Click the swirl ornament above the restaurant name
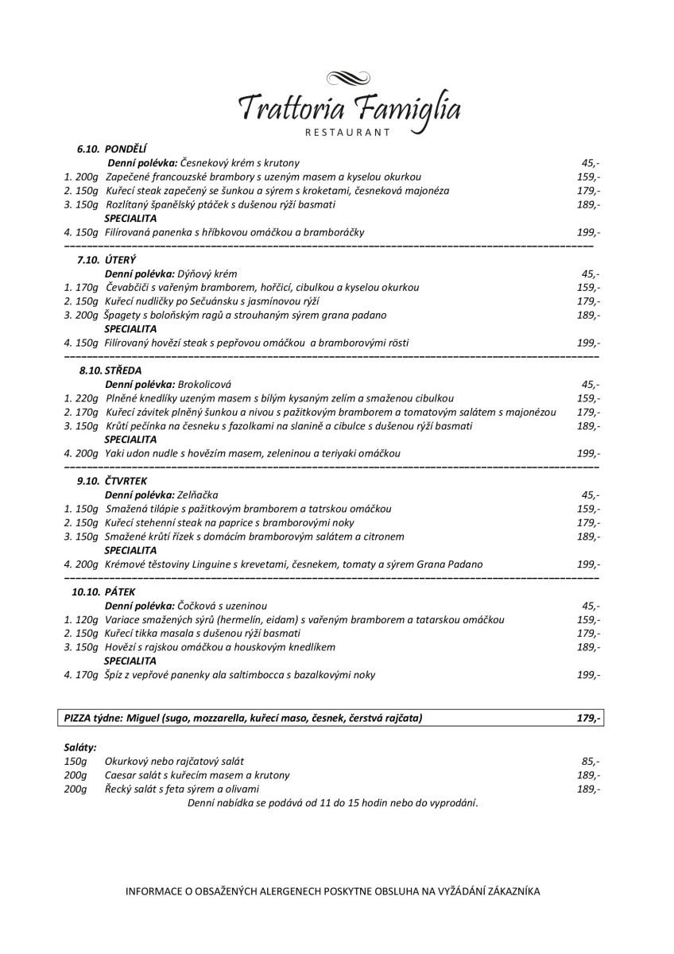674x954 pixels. coord(350,77)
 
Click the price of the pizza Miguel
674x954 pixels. coord(587,718)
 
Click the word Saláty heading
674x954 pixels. coord(80,747)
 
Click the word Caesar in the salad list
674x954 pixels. coord(121,774)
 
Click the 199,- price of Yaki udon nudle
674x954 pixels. coord(587,453)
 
